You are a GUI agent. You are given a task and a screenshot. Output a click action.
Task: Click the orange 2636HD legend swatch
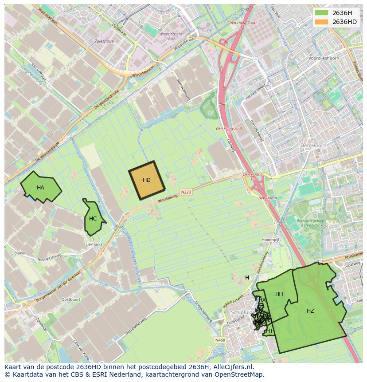(x=321, y=22)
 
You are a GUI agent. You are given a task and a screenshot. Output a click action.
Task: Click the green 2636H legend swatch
(x=321, y=13)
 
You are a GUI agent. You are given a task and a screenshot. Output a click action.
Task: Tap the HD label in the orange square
(x=147, y=180)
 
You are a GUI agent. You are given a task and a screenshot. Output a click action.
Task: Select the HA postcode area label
(x=40, y=188)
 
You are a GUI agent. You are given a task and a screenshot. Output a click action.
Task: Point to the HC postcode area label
(x=93, y=219)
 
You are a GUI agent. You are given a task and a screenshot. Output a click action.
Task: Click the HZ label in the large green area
(x=310, y=311)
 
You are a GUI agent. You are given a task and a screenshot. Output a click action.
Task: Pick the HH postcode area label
(x=279, y=294)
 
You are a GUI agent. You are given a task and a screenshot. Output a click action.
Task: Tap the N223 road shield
(x=186, y=192)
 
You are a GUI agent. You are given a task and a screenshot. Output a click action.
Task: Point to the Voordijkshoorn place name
(x=324, y=58)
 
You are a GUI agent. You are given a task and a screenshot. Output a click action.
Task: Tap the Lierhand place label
(x=94, y=244)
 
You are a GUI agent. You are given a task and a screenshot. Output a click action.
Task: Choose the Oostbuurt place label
(x=70, y=299)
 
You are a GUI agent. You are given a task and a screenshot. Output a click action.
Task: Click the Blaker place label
(x=20, y=253)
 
